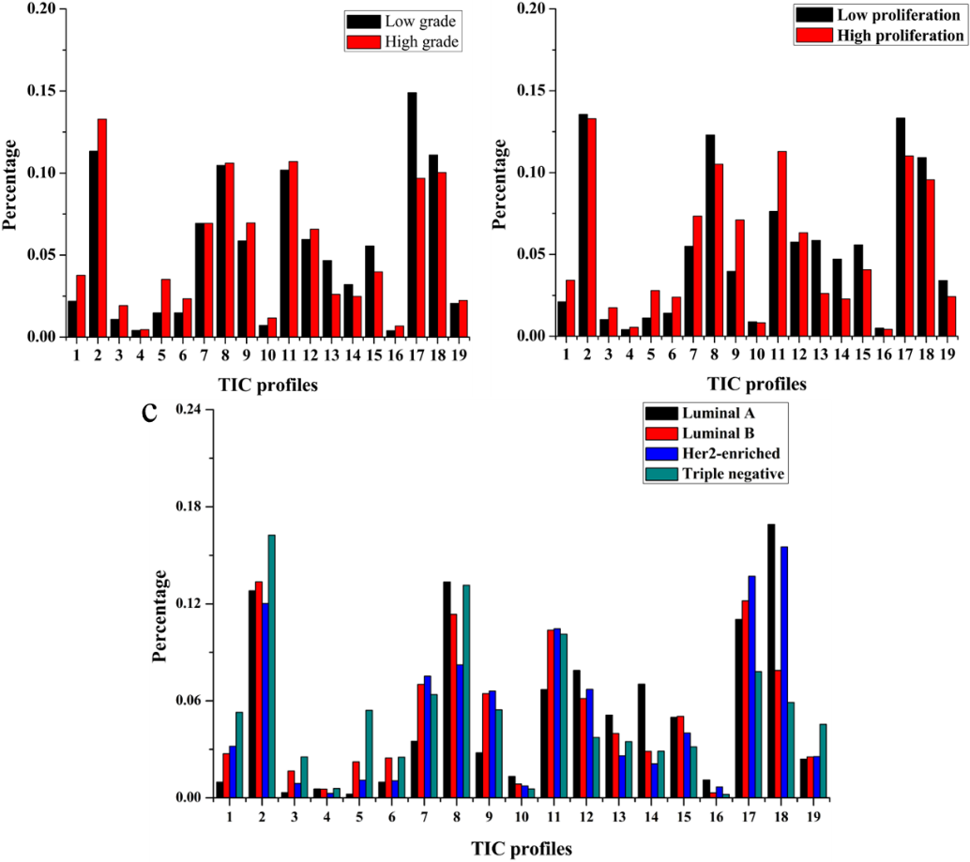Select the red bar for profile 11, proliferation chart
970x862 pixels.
[781, 244]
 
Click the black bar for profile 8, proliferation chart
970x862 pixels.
[710, 235]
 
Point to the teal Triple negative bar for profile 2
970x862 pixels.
[271, 666]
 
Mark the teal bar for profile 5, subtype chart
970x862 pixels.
[369, 753]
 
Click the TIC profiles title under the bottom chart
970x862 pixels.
[521, 849]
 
